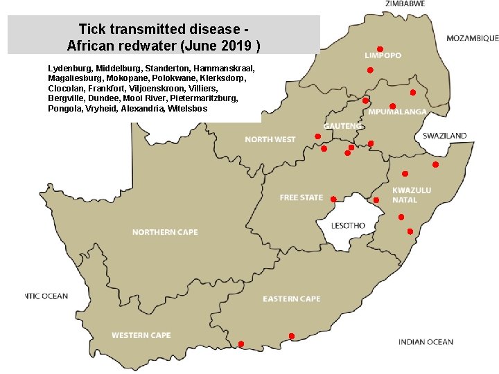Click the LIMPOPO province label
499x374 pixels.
[383, 55]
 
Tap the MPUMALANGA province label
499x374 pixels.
[397, 112]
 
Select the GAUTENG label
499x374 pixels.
[342, 126]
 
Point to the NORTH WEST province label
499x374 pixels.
[270, 140]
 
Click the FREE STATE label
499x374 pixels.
[301, 198]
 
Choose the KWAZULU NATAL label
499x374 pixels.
[412, 195]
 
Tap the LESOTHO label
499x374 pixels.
[348, 226]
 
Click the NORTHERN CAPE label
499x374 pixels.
[165, 232]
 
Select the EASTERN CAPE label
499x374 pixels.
[291, 299]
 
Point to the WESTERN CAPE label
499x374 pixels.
[141, 335]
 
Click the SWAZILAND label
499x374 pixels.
[444, 136]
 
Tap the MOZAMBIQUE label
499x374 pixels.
[471, 38]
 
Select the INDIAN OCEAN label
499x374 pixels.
[426, 341]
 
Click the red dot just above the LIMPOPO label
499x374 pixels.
[380, 48]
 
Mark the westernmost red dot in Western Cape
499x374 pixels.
[241, 344]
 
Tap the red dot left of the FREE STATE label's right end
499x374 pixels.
[333, 199]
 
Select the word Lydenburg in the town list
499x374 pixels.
[71, 69]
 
